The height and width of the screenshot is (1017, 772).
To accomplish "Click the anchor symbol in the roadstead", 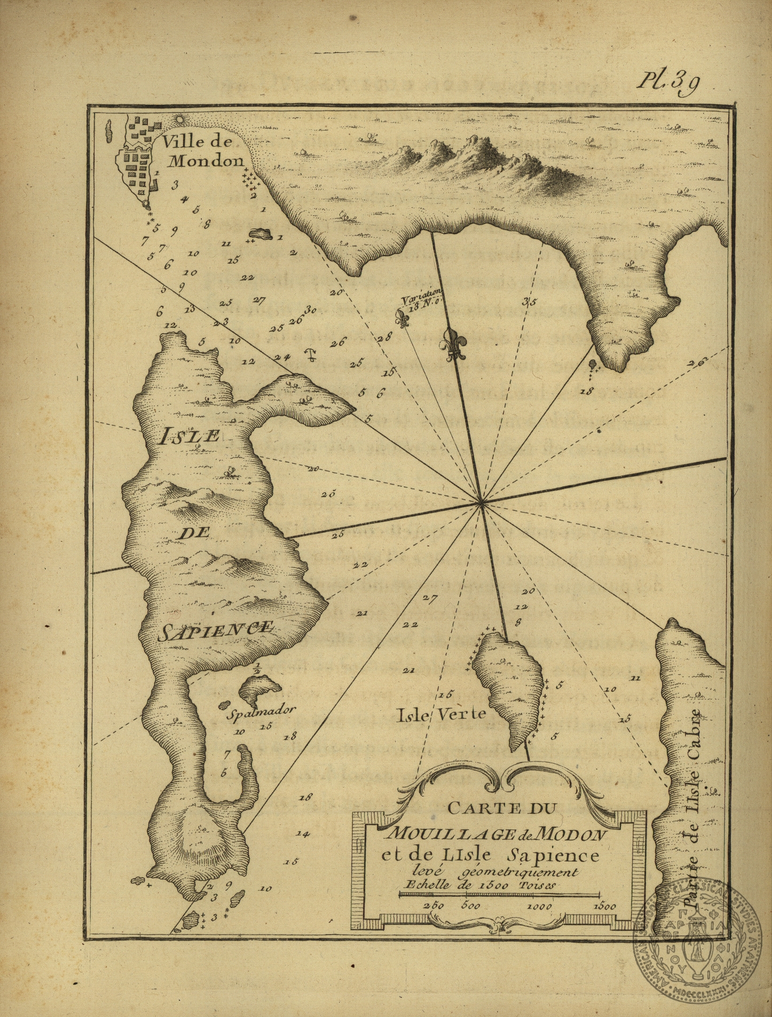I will [x=309, y=354].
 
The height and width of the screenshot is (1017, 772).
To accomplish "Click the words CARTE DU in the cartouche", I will [x=502, y=808].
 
